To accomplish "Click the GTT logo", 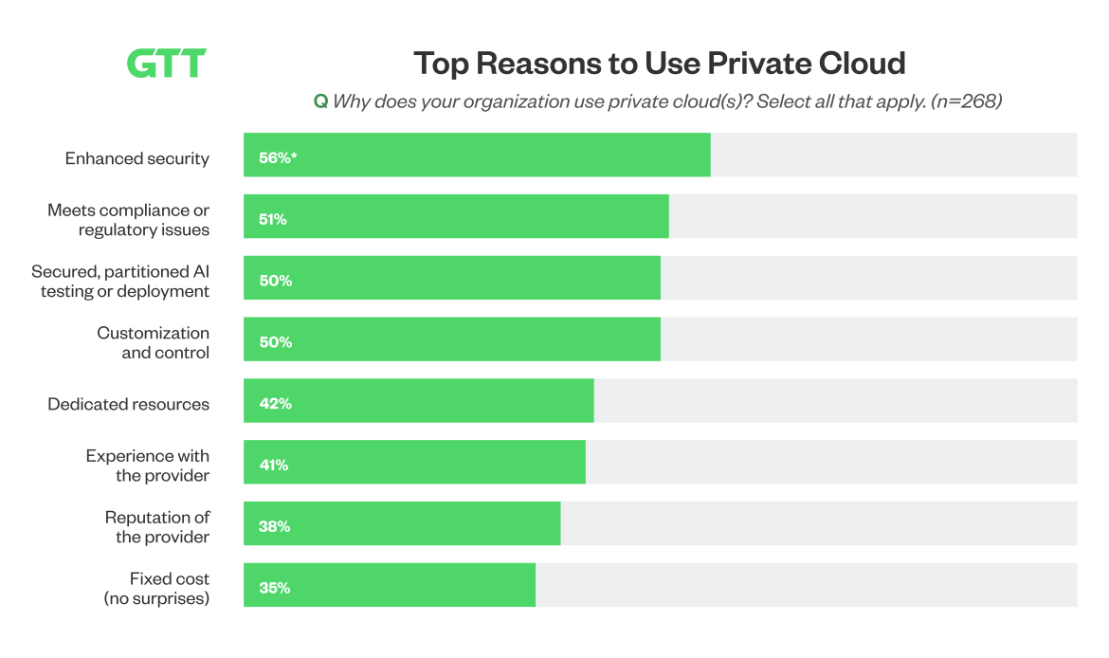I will pyautogui.click(x=166, y=64).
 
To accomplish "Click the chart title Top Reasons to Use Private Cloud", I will pyautogui.click(x=660, y=64).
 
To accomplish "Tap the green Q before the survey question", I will pyautogui.click(x=320, y=101).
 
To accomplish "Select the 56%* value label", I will pyautogui.click(x=278, y=158).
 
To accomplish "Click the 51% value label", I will pyautogui.click(x=273, y=220).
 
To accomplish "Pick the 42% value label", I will pyautogui.click(x=275, y=404).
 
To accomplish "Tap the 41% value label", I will pyautogui.click(x=274, y=466).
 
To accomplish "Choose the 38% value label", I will pyautogui.click(x=274, y=526).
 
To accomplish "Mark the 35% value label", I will pyautogui.click(x=274, y=588).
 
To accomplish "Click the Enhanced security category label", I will pyautogui.click(x=137, y=158).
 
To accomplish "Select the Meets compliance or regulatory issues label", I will pyautogui.click(x=129, y=220).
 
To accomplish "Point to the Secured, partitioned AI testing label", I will pyautogui.click(x=120, y=282).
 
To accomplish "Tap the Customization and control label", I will pyautogui.click(x=153, y=342).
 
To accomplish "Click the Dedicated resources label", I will pyautogui.click(x=129, y=404).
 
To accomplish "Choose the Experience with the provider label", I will pyautogui.click(x=148, y=466).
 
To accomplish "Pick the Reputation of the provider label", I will pyautogui.click(x=157, y=526).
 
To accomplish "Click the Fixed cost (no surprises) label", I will pyautogui.click(x=156, y=588).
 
